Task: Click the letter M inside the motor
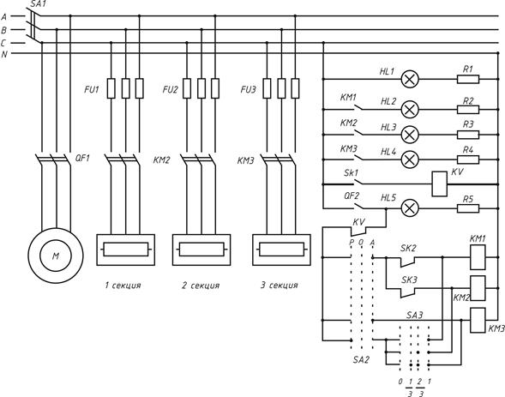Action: (x=56, y=256)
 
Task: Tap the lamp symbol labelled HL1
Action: (x=410, y=79)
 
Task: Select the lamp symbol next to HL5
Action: (x=410, y=208)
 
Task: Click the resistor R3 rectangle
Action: (x=468, y=135)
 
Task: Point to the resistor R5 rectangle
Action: (x=468, y=208)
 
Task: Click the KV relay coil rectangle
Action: (x=439, y=183)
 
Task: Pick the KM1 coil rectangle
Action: (x=478, y=257)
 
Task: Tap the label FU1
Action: (x=92, y=89)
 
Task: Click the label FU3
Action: (x=248, y=89)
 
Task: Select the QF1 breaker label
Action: (x=82, y=158)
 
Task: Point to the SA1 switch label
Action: (x=39, y=4)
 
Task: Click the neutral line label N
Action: (x=4, y=54)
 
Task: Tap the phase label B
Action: (x=4, y=30)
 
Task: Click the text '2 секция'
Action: (x=201, y=286)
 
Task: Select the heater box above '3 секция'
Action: (x=281, y=250)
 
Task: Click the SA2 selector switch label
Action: (x=361, y=359)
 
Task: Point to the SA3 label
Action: (x=414, y=316)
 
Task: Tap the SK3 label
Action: (x=409, y=280)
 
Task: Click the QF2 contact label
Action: (x=352, y=195)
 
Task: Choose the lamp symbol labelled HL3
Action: (x=410, y=135)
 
